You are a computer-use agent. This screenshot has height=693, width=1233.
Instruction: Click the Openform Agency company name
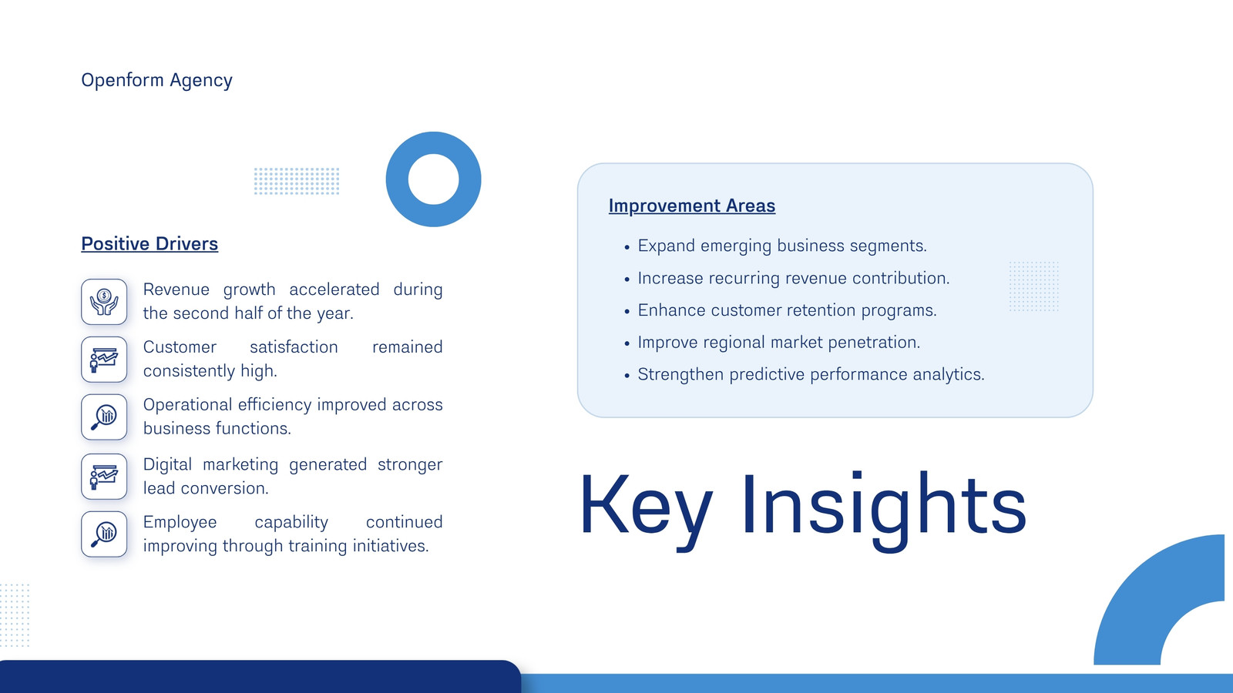pyautogui.click(x=157, y=80)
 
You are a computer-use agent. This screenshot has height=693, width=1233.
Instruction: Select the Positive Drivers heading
pyautogui.click(x=150, y=243)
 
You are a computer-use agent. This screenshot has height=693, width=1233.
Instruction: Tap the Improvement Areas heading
pyautogui.click(x=692, y=206)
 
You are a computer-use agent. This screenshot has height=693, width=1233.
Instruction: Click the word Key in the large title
pyautogui.click(x=647, y=505)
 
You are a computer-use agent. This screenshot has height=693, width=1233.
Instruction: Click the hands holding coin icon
pyautogui.click(x=104, y=302)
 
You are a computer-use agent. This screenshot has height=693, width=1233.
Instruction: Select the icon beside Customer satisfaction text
pyautogui.click(x=104, y=360)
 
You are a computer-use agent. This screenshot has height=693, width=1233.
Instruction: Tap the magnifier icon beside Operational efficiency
pyautogui.click(x=104, y=417)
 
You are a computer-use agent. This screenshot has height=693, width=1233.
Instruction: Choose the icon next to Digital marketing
pyautogui.click(x=104, y=477)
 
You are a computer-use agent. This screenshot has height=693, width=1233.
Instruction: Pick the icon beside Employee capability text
pyautogui.click(x=104, y=534)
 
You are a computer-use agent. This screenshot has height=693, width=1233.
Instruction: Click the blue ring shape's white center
pyautogui.click(x=434, y=179)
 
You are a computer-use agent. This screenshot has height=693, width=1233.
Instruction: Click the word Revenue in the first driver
pyautogui.click(x=176, y=290)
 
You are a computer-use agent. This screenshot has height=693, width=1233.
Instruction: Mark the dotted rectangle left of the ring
pyautogui.click(x=297, y=181)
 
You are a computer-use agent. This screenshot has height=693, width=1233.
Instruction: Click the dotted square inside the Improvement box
pyautogui.click(x=1033, y=286)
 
